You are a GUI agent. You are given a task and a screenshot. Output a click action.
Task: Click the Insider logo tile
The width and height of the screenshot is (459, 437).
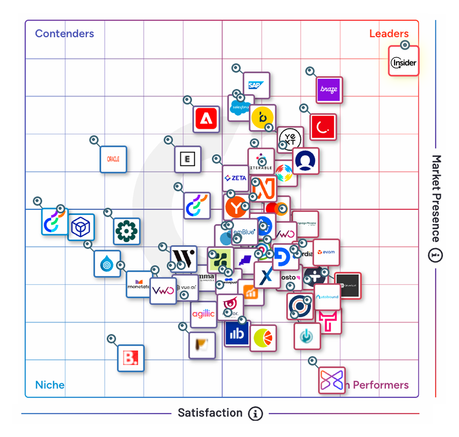pyautogui.click(x=403, y=62)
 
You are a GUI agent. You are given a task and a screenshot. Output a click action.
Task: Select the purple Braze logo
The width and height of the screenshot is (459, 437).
pyautogui.click(x=329, y=90)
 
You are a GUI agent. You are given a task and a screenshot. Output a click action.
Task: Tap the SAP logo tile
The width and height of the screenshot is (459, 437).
pyautogui.click(x=256, y=85)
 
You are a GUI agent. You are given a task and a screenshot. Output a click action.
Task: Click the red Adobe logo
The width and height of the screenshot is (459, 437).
pyautogui.click(x=206, y=119)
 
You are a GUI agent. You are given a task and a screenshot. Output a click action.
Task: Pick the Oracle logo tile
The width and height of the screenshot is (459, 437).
pyautogui.click(x=114, y=159)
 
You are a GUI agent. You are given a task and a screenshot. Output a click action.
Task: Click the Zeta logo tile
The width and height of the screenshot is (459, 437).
pyautogui.click(x=235, y=178)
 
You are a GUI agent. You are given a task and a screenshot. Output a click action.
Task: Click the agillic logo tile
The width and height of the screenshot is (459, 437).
pyautogui.click(x=203, y=313)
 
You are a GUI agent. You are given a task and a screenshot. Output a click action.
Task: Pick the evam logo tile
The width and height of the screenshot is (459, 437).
pyautogui.click(x=326, y=252)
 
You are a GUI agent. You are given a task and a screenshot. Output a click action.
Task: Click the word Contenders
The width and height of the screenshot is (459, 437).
pyautogui.click(x=64, y=34)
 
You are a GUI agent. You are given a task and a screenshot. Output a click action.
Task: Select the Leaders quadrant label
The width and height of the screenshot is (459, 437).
pyautogui.click(x=389, y=34)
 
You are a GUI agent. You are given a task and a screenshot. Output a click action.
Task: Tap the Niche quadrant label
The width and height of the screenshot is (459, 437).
pyautogui.click(x=50, y=385)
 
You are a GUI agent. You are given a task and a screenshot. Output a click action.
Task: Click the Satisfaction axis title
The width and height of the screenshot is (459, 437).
pyautogui.click(x=210, y=413)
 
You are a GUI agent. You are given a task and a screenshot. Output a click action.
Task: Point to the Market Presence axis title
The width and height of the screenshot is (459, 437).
pyautogui.click(x=435, y=198)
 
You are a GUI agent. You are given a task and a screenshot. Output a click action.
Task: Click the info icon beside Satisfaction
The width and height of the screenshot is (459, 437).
pyautogui.click(x=255, y=413)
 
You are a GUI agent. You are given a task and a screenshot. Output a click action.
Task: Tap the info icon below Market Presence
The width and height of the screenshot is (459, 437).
pyautogui.click(x=435, y=256)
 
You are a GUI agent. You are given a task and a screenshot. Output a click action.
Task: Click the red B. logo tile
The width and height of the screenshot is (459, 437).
pyautogui.click(x=131, y=358)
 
